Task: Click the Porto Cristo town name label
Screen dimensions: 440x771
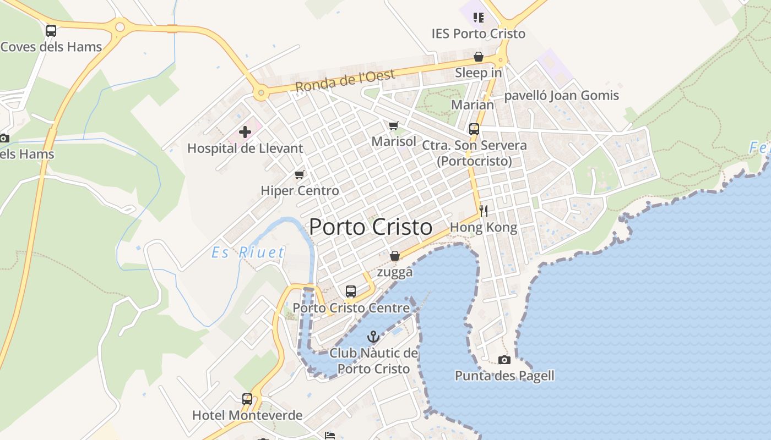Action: click(x=371, y=227)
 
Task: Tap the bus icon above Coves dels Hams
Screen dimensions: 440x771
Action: click(x=51, y=31)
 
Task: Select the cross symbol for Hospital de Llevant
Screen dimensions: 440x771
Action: click(x=245, y=132)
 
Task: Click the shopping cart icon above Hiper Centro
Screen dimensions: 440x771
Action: click(x=300, y=175)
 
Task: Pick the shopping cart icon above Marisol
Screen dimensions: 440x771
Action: click(x=393, y=126)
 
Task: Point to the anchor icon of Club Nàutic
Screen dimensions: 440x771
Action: click(x=374, y=336)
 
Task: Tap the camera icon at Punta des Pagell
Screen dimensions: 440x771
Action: click(x=504, y=360)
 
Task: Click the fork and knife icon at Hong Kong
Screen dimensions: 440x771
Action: click(x=483, y=211)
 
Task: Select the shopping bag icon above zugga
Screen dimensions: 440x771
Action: click(x=394, y=256)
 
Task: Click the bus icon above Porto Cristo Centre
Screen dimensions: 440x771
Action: click(x=351, y=291)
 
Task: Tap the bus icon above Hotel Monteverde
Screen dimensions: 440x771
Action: click(x=247, y=399)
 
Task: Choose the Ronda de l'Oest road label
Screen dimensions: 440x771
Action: click(x=345, y=81)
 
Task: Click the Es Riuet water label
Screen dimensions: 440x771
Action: click(x=249, y=253)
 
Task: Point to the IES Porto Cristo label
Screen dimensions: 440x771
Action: click(x=478, y=34)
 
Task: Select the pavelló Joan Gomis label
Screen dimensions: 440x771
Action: click(x=562, y=96)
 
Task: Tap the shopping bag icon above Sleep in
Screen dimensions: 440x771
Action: click(x=478, y=57)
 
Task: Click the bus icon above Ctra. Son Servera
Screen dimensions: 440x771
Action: click(x=474, y=129)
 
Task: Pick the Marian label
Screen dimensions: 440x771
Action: click(x=473, y=105)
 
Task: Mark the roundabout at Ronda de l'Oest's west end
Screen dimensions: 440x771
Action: click(x=261, y=94)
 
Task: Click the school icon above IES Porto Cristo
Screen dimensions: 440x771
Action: click(x=478, y=18)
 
